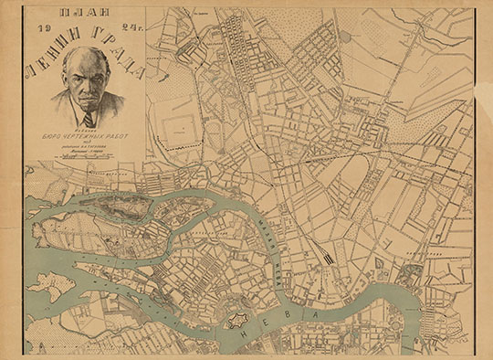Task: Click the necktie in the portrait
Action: coord(88,119)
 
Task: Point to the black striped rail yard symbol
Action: coord(326,259)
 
